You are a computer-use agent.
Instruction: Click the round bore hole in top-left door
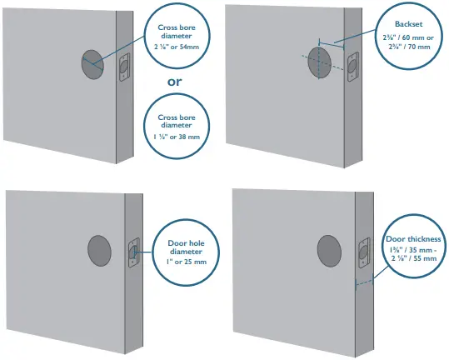click(93, 64)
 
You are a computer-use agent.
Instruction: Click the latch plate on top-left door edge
click(124, 67)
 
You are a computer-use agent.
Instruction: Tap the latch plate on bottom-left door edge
click(132, 253)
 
